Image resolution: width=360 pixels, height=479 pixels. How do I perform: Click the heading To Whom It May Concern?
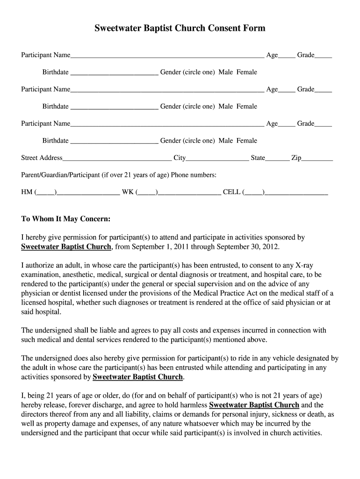tap(66, 219)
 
